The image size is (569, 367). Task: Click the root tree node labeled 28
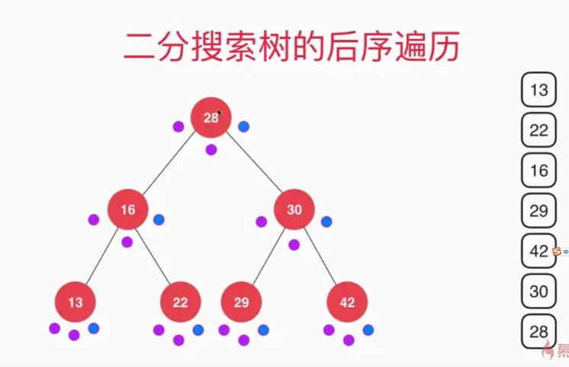click(211, 118)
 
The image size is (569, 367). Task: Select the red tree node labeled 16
click(127, 209)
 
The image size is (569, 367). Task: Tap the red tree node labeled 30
click(294, 209)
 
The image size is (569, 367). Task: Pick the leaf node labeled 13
click(75, 302)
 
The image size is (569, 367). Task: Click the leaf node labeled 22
click(180, 302)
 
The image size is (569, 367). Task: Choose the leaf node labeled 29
click(241, 302)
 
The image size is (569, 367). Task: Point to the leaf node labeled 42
click(347, 302)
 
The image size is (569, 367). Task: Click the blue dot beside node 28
click(243, 127)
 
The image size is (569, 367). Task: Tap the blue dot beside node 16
click(159, 220)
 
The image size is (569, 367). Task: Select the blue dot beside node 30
click(326, 221)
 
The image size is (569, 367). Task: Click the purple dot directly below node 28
click(211, 150)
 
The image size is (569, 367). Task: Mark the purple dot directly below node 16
click(127, 242)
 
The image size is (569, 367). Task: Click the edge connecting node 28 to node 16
click(169, 163)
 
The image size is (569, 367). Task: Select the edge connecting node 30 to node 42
click(321, 256)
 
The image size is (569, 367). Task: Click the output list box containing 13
click(538, 89)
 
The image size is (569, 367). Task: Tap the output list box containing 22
click(538, 130)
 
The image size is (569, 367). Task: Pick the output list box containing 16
click(538, 170)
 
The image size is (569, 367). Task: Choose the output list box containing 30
click(538, 291)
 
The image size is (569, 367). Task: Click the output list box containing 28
click(538, 331)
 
